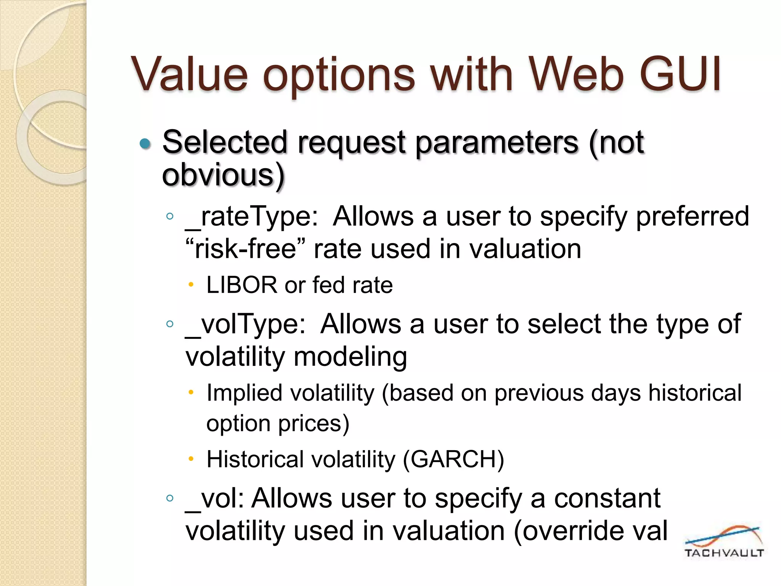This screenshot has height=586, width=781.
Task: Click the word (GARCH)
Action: tap(453, 459)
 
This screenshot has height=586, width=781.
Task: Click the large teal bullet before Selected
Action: tap(145, 144)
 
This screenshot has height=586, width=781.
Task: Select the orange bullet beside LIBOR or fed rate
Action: tap(191, 284)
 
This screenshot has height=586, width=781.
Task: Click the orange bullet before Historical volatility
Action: tap(191, 458)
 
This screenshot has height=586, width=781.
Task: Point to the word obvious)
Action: tap(223, 175)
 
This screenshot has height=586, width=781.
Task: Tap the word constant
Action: tap(607, 499)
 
